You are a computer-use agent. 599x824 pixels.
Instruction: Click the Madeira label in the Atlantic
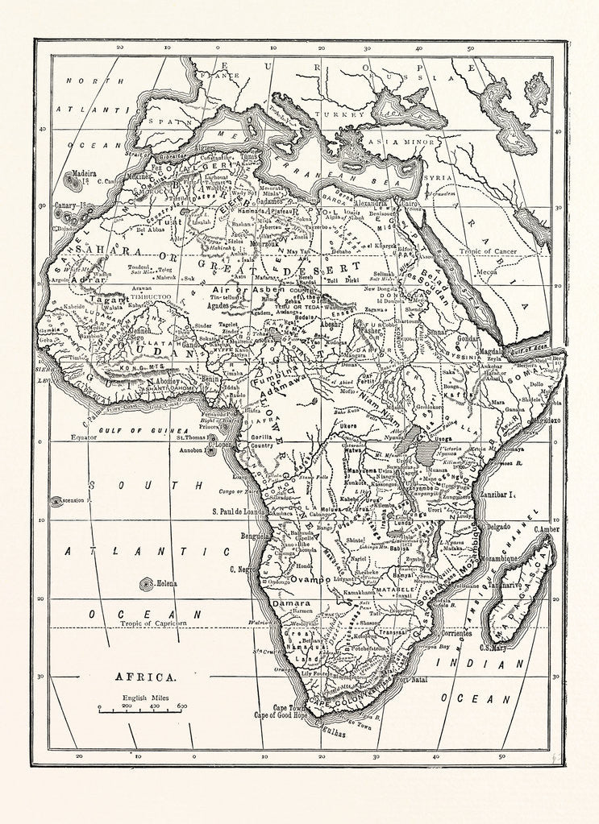point(83,173)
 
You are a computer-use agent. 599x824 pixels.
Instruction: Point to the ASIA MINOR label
point(388,141)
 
